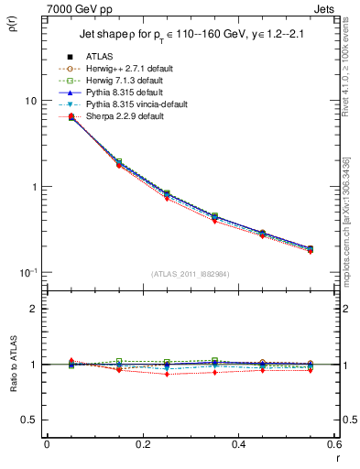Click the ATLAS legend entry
click(99, 57)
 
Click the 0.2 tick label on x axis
click(142, 445)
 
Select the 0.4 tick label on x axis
click(238, 445)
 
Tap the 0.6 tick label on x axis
click(333, 445)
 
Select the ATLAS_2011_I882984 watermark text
click(190, 274)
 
